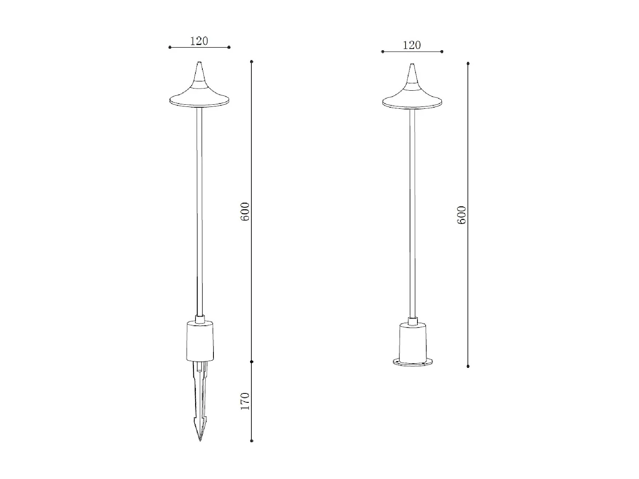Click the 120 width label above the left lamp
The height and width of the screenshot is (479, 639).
tap(199, 41)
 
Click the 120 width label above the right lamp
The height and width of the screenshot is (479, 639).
tap(412, 45)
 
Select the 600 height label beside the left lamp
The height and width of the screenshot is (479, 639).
tap(245, 212)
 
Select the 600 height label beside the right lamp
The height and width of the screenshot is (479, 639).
tap(461, 215)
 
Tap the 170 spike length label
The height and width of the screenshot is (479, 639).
tap(245, 401)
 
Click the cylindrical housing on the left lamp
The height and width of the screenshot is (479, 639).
tap(200, 342)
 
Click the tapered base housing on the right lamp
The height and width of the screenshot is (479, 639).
tap(412, 342)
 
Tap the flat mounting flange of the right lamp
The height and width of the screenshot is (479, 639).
tap(412, 362)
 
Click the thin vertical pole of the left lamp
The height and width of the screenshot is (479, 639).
tap(199, 213)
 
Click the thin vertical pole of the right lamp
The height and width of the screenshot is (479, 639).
tap(412, 213)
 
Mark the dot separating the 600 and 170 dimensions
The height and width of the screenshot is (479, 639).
tap(252, 361)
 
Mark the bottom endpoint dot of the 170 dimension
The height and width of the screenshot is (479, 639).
tap(252, 440)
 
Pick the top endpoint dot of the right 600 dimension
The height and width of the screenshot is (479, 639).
tap(468, 64)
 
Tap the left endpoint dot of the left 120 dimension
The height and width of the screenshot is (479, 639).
tap(170, 47)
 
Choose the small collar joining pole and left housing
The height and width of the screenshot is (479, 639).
tap(200, 319)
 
